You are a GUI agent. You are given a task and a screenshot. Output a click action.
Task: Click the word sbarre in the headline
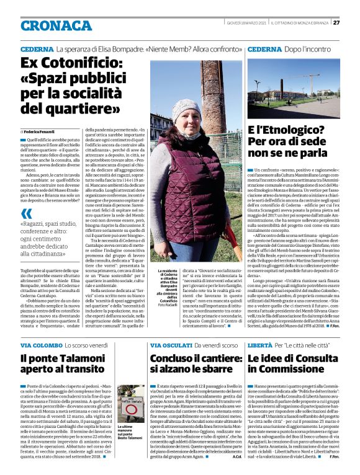[x=217, y=371]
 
